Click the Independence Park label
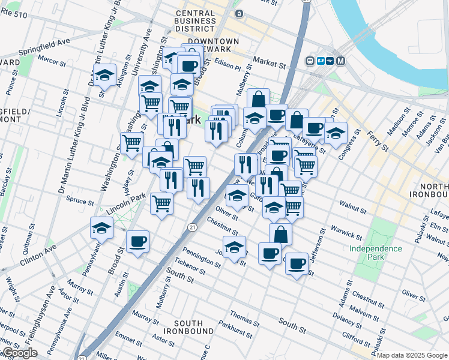[x=376, y=253]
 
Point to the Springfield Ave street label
[x=46, y=46]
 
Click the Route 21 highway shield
[x=191, y=227]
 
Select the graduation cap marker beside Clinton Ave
[x=101, y=227]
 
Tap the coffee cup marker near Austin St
[x=137, y=241]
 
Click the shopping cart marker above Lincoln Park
[x=161, y=203]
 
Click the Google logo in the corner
[x=20, y=353]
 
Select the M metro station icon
[x=340, y=61]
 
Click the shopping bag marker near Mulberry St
[x=258, y=99]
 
